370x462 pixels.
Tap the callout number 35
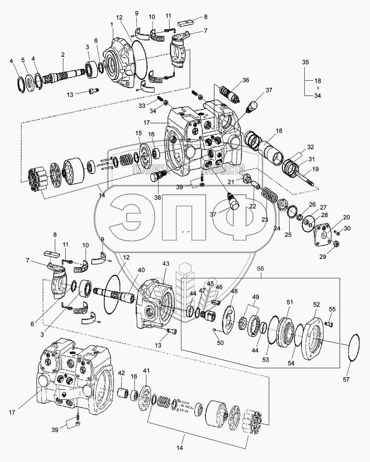(305, 62)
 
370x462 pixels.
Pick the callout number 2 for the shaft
(63, 54)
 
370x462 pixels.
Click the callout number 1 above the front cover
(111, 23)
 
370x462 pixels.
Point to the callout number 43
(166, 265)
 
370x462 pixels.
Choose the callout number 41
(146, 370)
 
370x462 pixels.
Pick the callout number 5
(22, 60)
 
